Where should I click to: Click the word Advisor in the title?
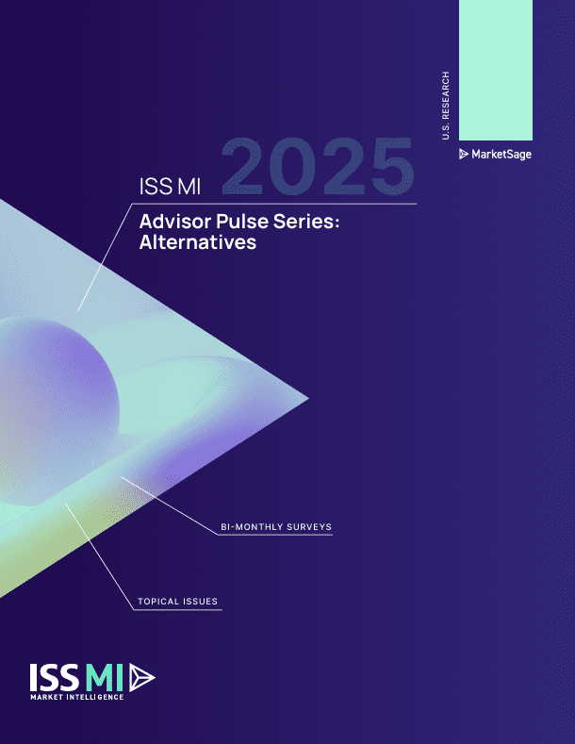(171, 223)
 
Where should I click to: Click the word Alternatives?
(197, 242)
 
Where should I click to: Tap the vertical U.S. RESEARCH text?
(445, 105)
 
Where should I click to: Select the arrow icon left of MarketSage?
(464, 154)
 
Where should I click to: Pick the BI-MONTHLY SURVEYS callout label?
(274, 526)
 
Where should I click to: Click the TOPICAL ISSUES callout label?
(178, 601)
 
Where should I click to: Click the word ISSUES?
(200, 601)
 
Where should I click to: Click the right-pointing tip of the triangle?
(304, 397)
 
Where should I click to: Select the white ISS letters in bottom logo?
(56, 677)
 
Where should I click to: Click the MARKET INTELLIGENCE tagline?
(76, 698)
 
